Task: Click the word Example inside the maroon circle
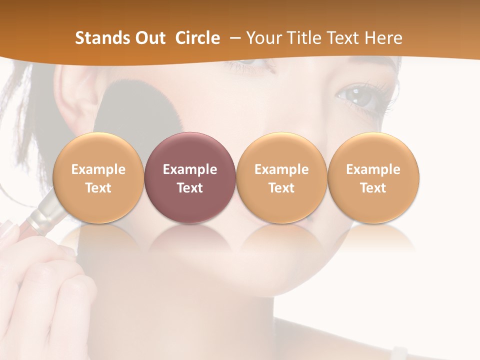pos(190,169)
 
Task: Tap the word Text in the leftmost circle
pos(98,188)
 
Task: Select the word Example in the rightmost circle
pos(373,169)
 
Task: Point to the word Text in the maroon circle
pos(190,188)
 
